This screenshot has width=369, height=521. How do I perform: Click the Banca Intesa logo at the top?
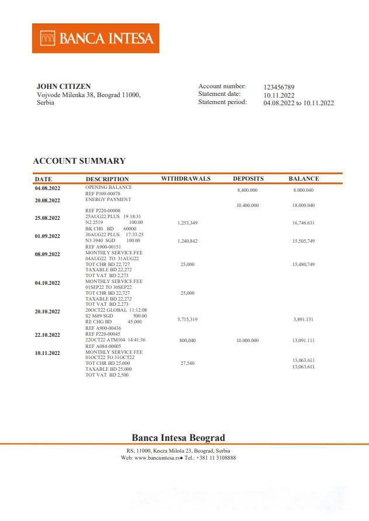point(96,39)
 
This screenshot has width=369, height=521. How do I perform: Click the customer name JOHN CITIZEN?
point(64,87)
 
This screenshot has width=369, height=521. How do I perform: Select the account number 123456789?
point(279,87)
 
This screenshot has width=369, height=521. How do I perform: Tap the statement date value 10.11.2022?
point(279,95)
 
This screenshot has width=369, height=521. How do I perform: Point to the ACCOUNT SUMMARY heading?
point(79,161)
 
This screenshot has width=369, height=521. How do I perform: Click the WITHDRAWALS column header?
point(186,178)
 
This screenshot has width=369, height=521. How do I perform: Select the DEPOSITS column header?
point(248,178)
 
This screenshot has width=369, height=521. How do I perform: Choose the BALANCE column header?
point(304,178)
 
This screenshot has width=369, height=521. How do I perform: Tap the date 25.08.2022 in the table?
point(47,218)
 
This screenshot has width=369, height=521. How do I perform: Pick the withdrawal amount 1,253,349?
point(187,223)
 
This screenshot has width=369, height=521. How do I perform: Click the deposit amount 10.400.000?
point(247,205)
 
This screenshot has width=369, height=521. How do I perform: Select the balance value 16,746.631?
point(303,223)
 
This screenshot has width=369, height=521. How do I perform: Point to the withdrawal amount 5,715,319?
point(187,319)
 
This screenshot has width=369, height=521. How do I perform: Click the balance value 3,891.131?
point(303,319)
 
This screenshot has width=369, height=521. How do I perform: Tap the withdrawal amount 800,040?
point(187,340)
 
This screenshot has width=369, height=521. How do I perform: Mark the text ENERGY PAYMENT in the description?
point(106,199)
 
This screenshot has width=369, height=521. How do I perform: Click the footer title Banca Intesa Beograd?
point(178,437)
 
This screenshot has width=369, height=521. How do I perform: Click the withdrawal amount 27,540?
point(187,363)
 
